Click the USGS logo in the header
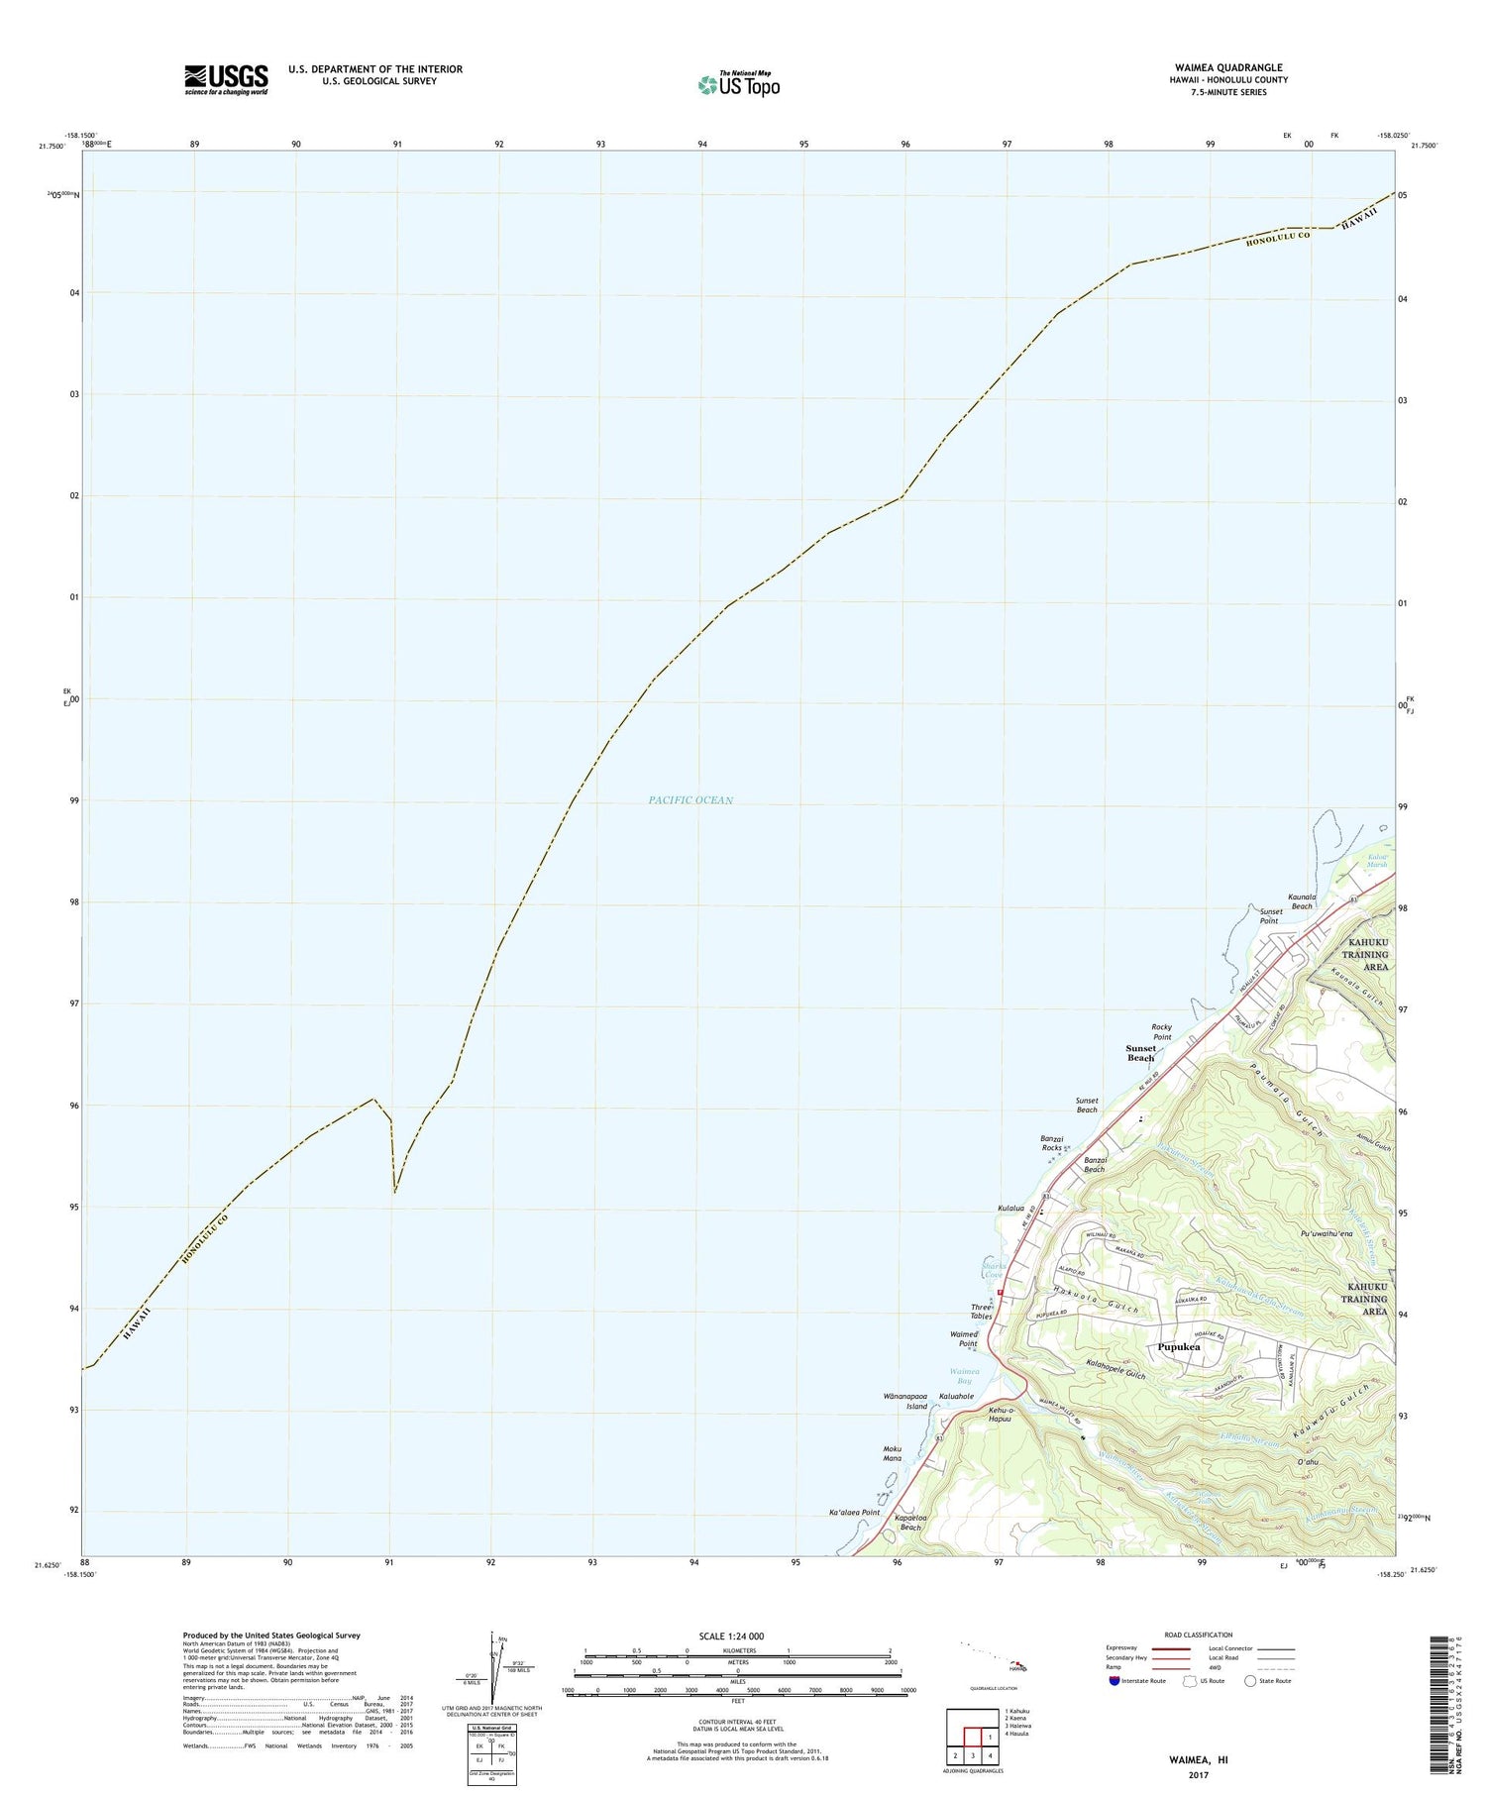[226, 79]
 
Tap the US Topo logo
[738, 85]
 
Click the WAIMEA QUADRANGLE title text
[1227, 67]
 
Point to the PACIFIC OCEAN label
[690, 800]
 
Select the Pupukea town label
[1178, 1347]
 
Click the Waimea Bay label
[961, 1376]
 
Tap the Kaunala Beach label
[1301, 900]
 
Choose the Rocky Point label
[1161, 1031]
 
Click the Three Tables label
[981, 1312]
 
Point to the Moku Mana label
[892, 1454]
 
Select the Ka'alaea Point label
[854, 1513]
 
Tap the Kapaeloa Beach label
[907, 1523]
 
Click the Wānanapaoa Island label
[904, 1401]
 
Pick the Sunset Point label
[1270, 915]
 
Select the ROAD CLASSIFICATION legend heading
[1199, 1635]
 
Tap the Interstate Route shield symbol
[1114, 1681]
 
